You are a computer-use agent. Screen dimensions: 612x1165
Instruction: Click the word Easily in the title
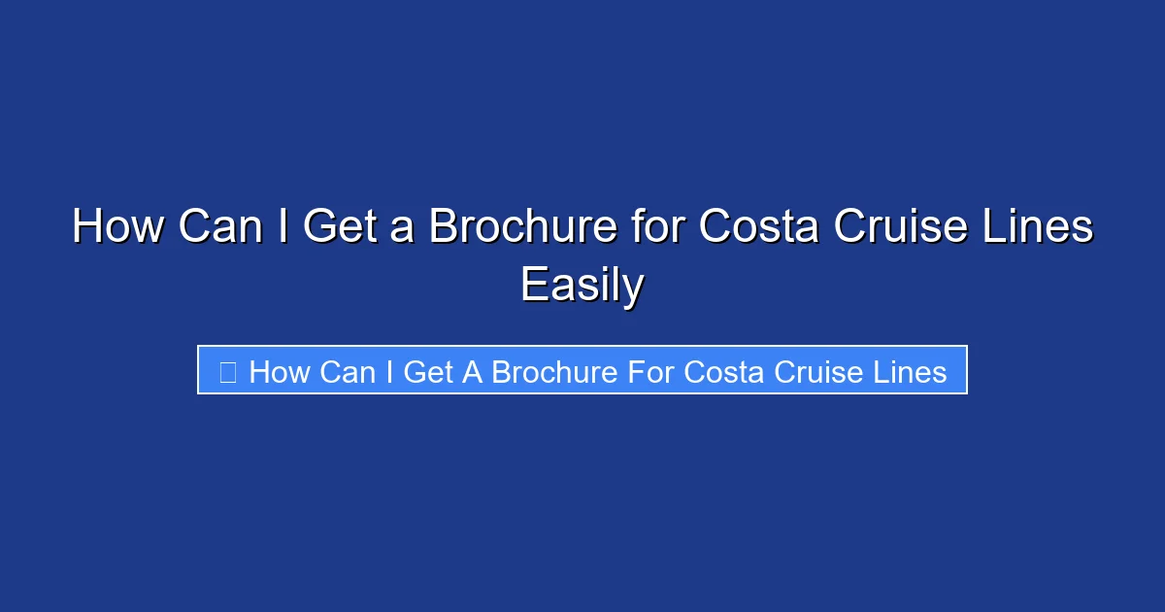click(x=582, y=286)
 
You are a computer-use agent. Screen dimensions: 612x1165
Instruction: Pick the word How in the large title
click(x=116, y=227)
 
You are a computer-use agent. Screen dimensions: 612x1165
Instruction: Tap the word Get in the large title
click(x=343, y=227)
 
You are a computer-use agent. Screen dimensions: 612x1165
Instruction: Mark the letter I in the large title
click(x=283, y=227)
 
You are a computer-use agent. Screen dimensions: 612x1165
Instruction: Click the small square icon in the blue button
click(x=227, y=371)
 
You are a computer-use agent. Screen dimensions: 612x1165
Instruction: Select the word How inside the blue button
click(x=280, y=371)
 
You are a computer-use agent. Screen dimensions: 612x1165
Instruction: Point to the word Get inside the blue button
click(x=427, y=371)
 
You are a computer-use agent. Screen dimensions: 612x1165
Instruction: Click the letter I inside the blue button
click(x=389, y=371)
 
